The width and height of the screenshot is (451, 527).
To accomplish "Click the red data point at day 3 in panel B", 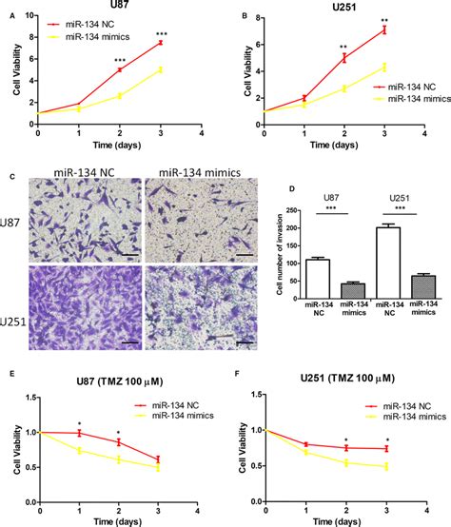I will [384, 29].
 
